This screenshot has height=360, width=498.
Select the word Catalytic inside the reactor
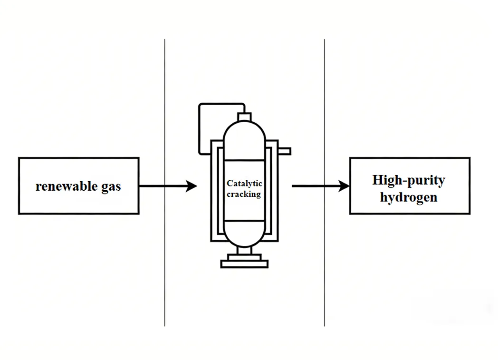244,184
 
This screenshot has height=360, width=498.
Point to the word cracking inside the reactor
244,194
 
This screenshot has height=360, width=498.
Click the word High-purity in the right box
409,180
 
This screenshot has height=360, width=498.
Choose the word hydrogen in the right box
409,197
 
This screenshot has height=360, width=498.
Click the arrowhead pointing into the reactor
192,186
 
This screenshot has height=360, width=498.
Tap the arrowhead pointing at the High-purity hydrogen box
344,186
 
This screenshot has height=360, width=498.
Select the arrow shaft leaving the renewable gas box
162,186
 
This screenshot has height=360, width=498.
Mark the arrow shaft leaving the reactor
314,186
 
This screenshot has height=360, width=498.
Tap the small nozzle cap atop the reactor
244,116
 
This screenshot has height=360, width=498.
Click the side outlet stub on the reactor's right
284,151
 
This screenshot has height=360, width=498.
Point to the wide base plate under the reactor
244,264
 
